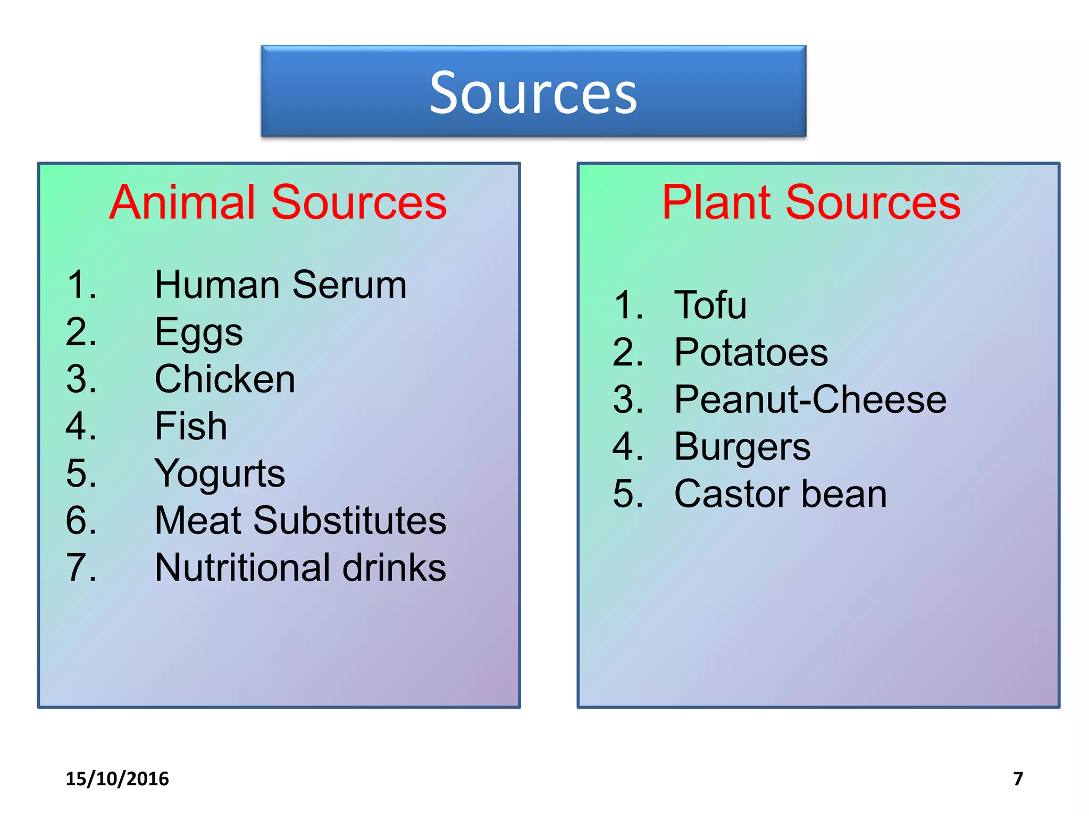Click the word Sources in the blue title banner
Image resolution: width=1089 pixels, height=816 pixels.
tap(533, 93)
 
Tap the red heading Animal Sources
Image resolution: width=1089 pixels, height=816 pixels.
tap(278, 202)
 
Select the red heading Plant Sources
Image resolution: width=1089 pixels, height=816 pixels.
tap(811, 202)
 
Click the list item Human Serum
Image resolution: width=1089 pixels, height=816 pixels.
tap(280, 285)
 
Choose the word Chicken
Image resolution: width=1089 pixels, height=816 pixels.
tap(224, 379)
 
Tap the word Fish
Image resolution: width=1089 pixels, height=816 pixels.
tap(191, 426)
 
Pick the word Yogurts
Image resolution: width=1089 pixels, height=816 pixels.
tap(220, 474)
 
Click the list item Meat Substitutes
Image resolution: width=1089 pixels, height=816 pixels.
tap(300, 521)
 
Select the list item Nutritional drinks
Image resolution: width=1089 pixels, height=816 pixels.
tap(300, 568)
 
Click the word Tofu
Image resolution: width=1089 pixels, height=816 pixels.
tap(710, 305)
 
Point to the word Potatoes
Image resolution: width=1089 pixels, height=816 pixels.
tap(751, 352)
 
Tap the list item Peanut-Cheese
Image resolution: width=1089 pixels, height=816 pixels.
tap(810, 399)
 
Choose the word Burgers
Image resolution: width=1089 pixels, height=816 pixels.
tap(742, 447)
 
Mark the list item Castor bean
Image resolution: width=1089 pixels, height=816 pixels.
tap(781, 494)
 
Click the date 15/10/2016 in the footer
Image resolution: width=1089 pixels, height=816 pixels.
tap(117, 779)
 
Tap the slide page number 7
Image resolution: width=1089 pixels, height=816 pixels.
tap(1018, 779)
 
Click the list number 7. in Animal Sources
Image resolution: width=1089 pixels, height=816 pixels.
tap(81, 568)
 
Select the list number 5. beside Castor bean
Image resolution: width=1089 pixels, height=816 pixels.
tap(628, 494)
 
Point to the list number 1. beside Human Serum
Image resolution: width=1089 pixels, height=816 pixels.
tap(81, 285)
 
